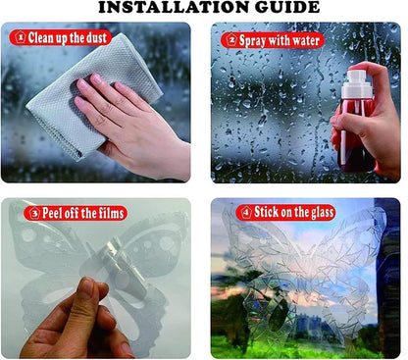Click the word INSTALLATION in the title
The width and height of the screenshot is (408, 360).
coord(174,7)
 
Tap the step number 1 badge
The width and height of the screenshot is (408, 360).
coord(21,37)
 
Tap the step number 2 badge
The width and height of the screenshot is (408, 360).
coord(231,40)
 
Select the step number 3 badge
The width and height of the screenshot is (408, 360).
coord(34,213)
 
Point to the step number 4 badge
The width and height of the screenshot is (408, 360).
coord(246,213)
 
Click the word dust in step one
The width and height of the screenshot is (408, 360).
coord(96,38)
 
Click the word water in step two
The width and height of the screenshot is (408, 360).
coord(306,41)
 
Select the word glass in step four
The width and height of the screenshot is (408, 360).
coord(322,213)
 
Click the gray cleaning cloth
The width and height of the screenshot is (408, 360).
coord(94,95)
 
